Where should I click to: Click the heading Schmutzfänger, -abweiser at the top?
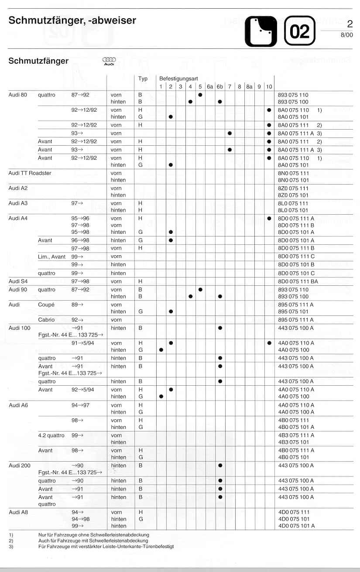[x=72, y=21]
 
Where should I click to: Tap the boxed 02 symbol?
[x=299, y=31]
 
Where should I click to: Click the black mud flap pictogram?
[x=261, y=31]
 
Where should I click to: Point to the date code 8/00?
[x=346, y=35]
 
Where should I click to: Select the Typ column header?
[x=143, y=79]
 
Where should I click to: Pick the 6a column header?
[x=210, y=87]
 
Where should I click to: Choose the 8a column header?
[x=249, y=87]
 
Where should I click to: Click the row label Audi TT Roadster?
[x=30, y=173]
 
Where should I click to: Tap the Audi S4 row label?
[x=18, y=281]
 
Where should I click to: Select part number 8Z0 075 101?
[x=293, y=195]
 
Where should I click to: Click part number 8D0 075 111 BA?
[x=298, y=281]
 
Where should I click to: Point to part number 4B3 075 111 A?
[x=296, y=435]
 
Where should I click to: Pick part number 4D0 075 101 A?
[x=296, y=526]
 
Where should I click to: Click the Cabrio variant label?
[x=46, y=320]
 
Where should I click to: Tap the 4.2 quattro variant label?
[x=51, y=435]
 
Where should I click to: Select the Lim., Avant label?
[x=51, y=257]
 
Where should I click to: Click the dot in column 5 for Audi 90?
[x=200, y=289]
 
